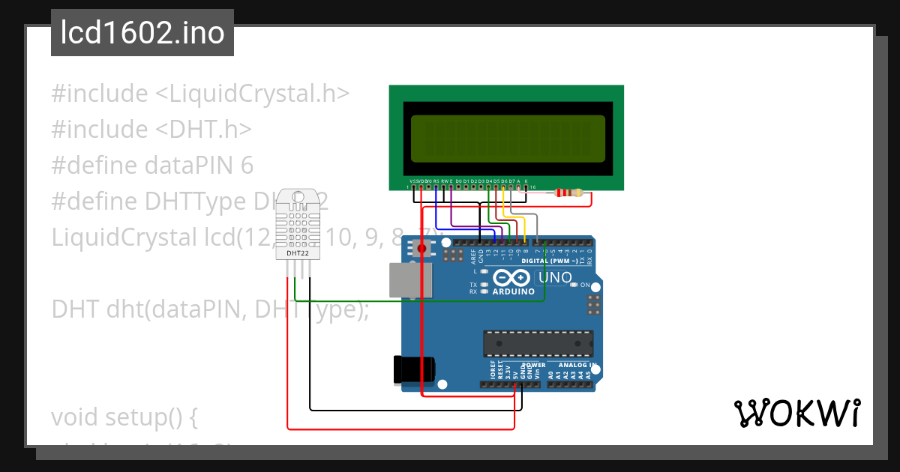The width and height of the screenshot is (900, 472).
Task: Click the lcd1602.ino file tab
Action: click(x=142, y=34)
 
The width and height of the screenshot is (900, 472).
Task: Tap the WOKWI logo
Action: click(x=796, y=413)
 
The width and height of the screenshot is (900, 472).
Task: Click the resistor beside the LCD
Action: click(x=568, y=193)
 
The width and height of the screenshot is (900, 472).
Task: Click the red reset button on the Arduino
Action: click(x=422, y=248)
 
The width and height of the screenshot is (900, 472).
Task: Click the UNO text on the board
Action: click(x=555, y=278)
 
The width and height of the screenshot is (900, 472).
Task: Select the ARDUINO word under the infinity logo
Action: click(x=514, y=291)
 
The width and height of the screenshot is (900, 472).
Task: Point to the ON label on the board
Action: click(x=585, y=285)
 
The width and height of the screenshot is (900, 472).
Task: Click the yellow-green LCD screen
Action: click(x=507, y=139)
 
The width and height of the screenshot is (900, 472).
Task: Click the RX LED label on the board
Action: click(x=473, y=291)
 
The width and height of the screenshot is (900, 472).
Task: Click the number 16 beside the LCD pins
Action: click(x=533, y=187)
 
